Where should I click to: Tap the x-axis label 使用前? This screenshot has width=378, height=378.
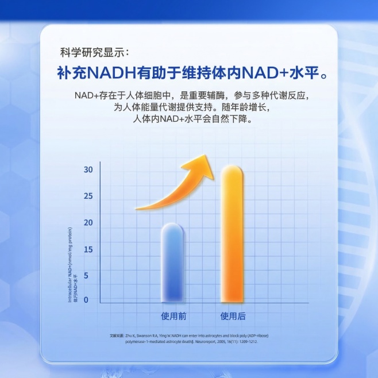(173, 316)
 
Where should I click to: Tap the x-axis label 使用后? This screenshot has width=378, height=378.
(233, 316)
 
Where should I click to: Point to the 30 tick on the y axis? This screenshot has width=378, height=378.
(87, 169)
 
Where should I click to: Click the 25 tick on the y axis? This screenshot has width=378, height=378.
(87, 196)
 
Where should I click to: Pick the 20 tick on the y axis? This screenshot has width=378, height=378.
(87, 222)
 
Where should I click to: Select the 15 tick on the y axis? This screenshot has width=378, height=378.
(87, 249)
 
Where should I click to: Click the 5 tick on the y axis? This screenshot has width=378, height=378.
(87, 276)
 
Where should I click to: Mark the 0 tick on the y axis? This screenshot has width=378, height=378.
(87, 299)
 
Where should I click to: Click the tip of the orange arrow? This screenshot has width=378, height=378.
(213, 156)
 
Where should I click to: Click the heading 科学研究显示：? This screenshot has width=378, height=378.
(95, 52)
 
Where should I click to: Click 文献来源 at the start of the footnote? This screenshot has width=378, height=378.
(117, 335)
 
